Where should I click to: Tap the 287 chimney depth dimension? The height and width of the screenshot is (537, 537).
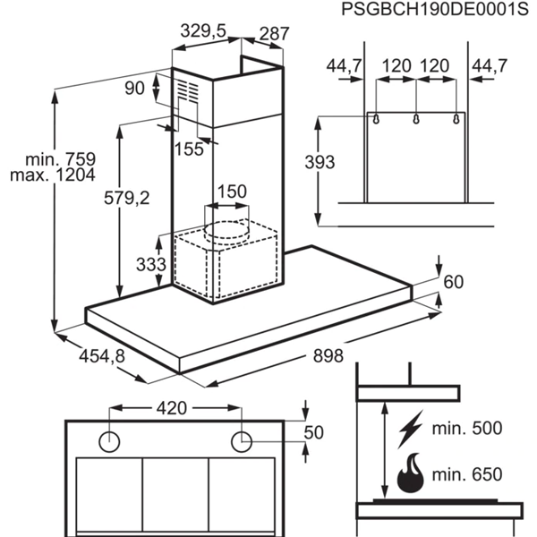click(274, 35)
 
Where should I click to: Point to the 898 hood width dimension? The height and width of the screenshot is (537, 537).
click(328, 356)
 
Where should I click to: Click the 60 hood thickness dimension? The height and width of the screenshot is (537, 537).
click(455, 283)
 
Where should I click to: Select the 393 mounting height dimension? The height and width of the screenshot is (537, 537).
click(320, 162)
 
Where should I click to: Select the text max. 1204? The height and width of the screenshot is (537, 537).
click(52, 175)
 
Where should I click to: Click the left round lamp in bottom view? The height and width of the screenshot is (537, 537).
click(110, 440)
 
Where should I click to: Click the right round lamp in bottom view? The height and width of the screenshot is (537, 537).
click(242, 440)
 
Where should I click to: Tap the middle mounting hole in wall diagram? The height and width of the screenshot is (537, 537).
click(416, 119)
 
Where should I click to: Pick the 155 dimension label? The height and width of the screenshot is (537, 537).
click(189, 149)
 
